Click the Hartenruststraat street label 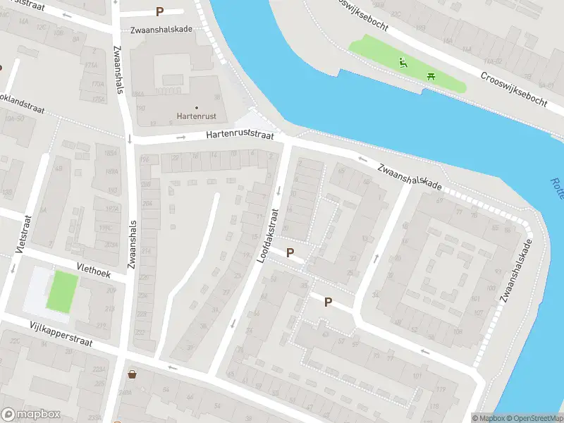239,134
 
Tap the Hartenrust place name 196,116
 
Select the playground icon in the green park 403,62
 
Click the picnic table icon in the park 431,75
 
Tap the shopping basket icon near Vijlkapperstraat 132,374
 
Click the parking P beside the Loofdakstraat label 290,252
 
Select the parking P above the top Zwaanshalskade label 160,11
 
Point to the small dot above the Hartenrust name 196,108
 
